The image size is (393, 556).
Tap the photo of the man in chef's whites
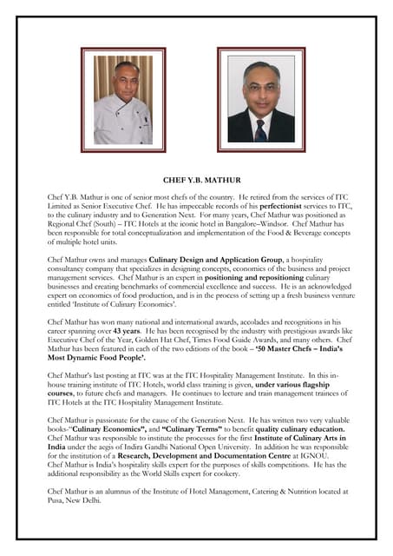(x=123, y=100)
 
